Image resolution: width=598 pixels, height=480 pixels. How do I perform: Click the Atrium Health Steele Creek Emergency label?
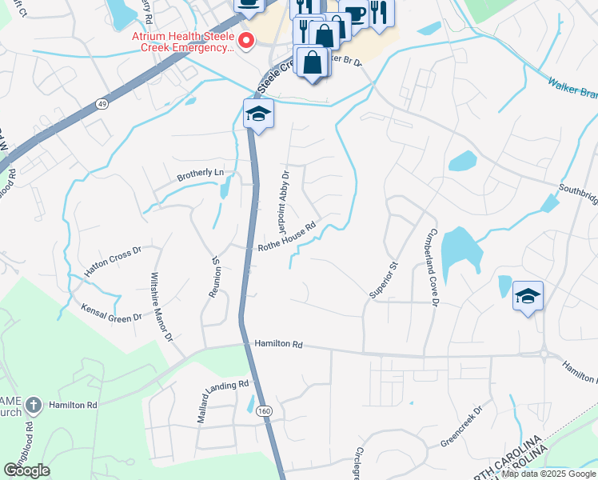click(183, 42)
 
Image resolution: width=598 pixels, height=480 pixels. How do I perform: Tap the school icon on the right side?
click(528, 297)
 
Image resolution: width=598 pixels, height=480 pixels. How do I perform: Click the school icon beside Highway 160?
click(259, 114)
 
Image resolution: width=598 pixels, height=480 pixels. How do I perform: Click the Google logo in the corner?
click(26, 470)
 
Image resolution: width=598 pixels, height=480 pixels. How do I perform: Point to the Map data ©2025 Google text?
click(548, 474)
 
